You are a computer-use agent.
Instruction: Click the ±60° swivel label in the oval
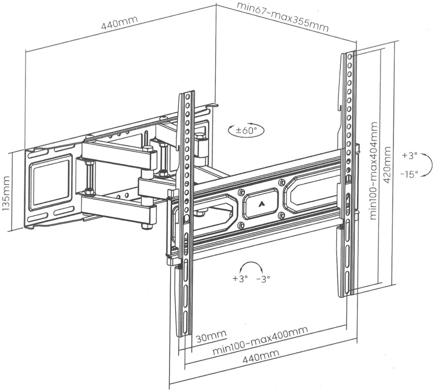[246, 131]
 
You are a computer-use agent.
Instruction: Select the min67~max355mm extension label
[283, 16]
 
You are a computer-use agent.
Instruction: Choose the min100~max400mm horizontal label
[260, 340]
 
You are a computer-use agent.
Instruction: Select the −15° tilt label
[409, 174]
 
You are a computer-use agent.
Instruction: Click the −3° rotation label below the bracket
[263, 279]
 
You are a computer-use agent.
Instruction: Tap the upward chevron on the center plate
[261, 203]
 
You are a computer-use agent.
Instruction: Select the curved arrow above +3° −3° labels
[252, 266]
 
